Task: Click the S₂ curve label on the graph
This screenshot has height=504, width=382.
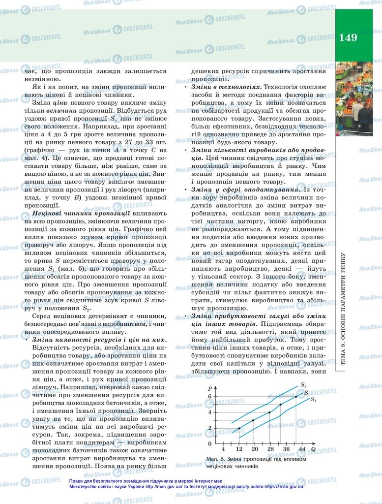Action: click(x=303, y=385)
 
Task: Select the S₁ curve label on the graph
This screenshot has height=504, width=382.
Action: click(x=314, y=400)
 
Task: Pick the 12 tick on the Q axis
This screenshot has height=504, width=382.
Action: click(x=239, y=449)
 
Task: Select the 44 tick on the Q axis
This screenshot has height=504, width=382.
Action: click(x=301, y=449)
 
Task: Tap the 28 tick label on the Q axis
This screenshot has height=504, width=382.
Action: click(x=270, y=449)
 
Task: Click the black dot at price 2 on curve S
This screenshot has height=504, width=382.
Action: click(x=239, y=428)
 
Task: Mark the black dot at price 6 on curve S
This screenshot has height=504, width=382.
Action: click(x=296, y=397)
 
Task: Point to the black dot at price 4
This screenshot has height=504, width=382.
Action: click(x=269, y=412)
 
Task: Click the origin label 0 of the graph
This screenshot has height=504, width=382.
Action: click(x=209, y=443)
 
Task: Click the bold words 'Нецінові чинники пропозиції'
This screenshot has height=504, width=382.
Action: click(x=81, y=213)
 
